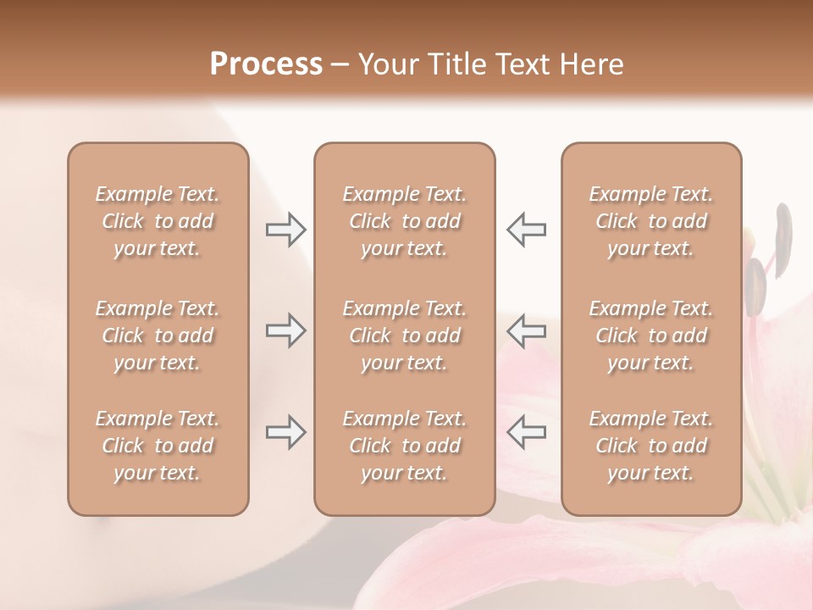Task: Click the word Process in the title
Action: [266, 64]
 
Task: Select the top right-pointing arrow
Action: [285, 229]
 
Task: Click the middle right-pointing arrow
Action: [285, 330]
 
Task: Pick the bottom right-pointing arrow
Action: [285, 432]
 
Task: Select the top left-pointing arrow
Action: [527, 229]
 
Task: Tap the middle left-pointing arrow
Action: [527, 330]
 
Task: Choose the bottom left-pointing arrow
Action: [527, 432]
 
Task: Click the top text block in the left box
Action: [158, 221]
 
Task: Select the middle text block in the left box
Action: [158, 335]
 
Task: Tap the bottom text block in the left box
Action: [158, 446]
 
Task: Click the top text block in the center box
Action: [405, 221]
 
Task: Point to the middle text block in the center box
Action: [405, 335]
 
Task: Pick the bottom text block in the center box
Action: [405, 446]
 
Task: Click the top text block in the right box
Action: [651, 221]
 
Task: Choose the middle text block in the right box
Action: [651, 335]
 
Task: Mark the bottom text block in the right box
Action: [651, 446]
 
